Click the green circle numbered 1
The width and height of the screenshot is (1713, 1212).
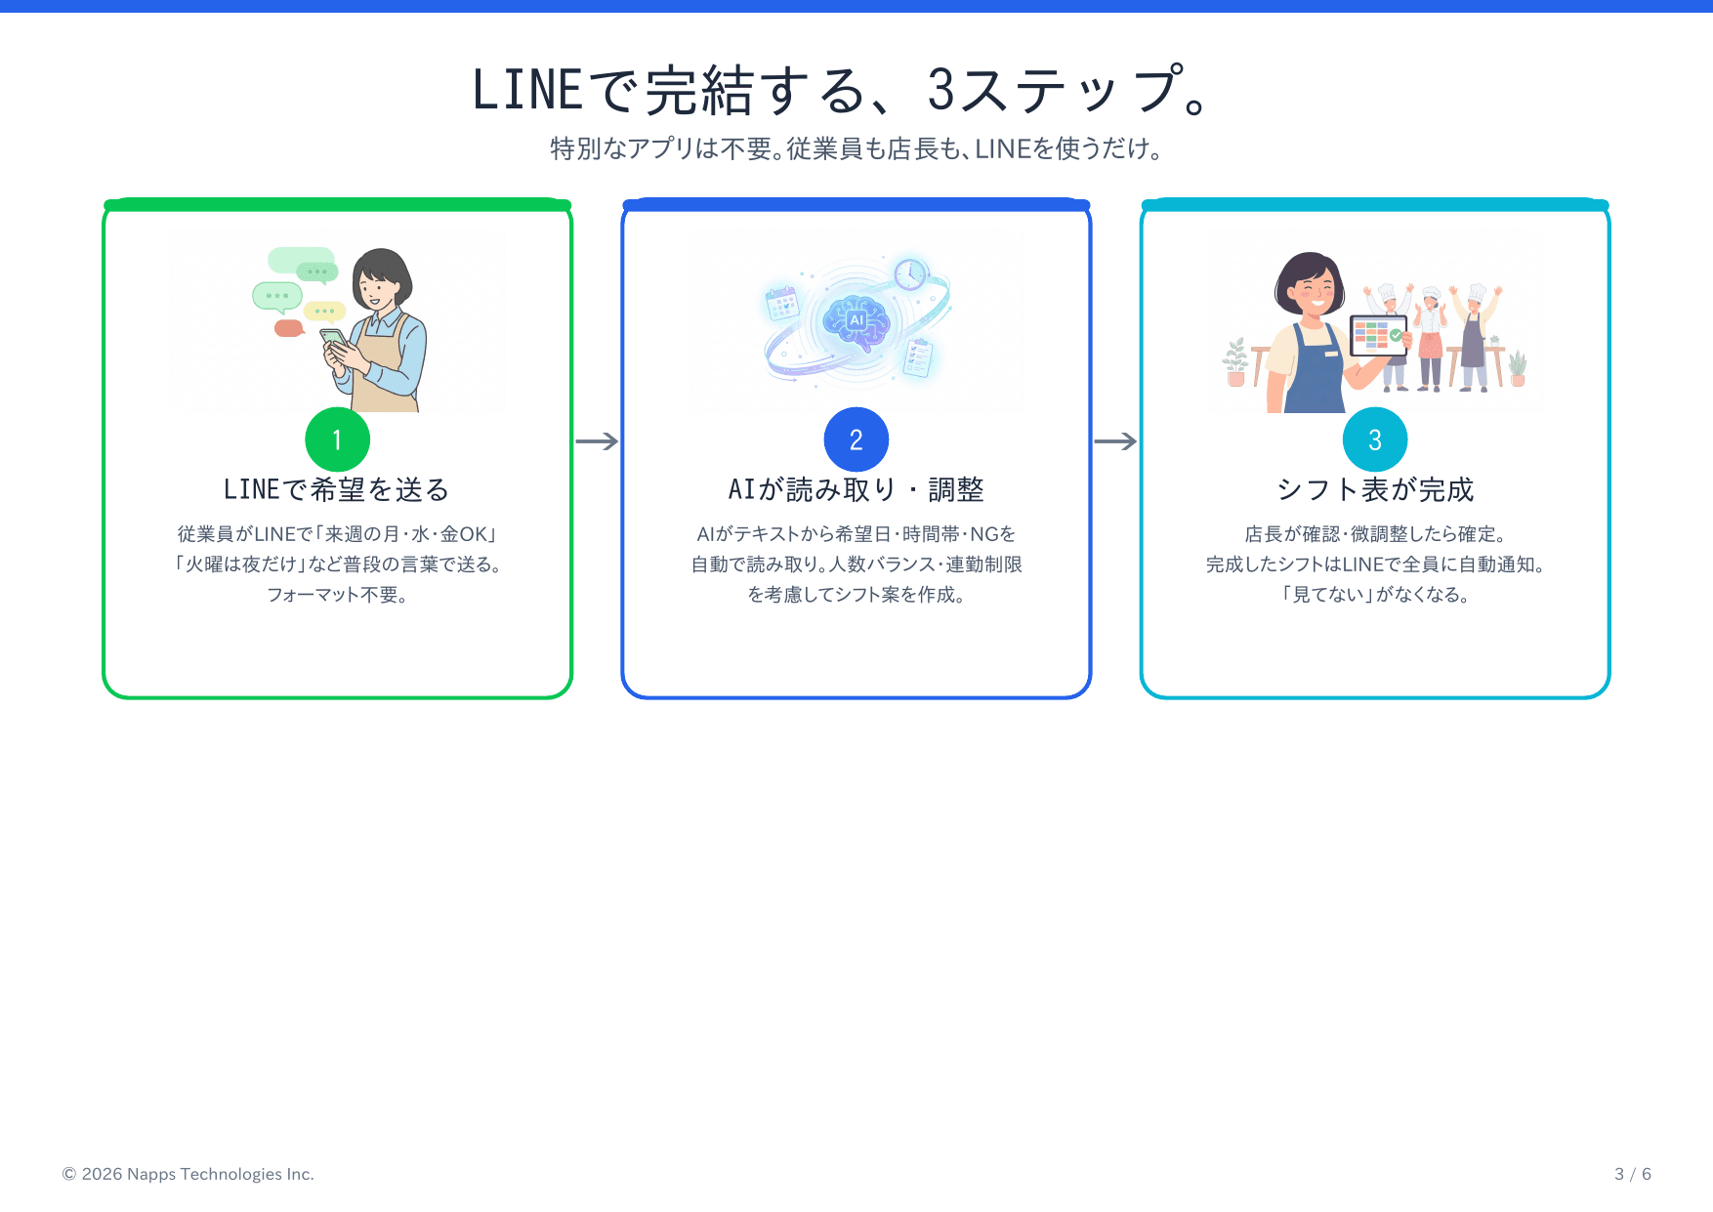click(x=337, y=439)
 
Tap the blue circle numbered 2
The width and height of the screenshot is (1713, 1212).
click(x=856, y=439)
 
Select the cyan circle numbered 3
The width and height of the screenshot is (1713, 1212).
click(x=1374, y=439)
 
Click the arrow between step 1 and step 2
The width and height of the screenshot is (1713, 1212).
click(x=597, y=441)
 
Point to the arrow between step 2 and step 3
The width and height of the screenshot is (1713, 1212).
click(x=1115, y=441)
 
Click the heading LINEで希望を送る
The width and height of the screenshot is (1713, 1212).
click(x=337, y=489)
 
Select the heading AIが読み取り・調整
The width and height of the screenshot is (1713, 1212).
click(x=856, y=489)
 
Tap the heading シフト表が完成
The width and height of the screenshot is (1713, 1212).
click(x=1374, y=489)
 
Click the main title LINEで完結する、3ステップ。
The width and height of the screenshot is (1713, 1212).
click(x=843, y=90)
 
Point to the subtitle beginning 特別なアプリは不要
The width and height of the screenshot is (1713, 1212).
click(x=856, y=148)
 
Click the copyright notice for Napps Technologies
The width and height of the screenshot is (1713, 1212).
click(x=188, y=1174)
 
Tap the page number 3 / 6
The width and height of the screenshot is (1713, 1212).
click(x=1632, y=1174)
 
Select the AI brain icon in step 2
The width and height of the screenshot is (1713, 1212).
click(x=856, y=319)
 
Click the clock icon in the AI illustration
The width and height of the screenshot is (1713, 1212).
click(x=909, y=273)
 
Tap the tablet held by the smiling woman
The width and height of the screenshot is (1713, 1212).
click(x=1377, y=335)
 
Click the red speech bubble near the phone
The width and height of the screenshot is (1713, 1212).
click(x=288, y=328)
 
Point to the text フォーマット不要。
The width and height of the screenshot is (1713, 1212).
click(x=337, y=595)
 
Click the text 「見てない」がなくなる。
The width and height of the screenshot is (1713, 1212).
click(x=1374, y=595)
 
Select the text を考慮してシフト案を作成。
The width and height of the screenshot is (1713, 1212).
click(x=856, y=595)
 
